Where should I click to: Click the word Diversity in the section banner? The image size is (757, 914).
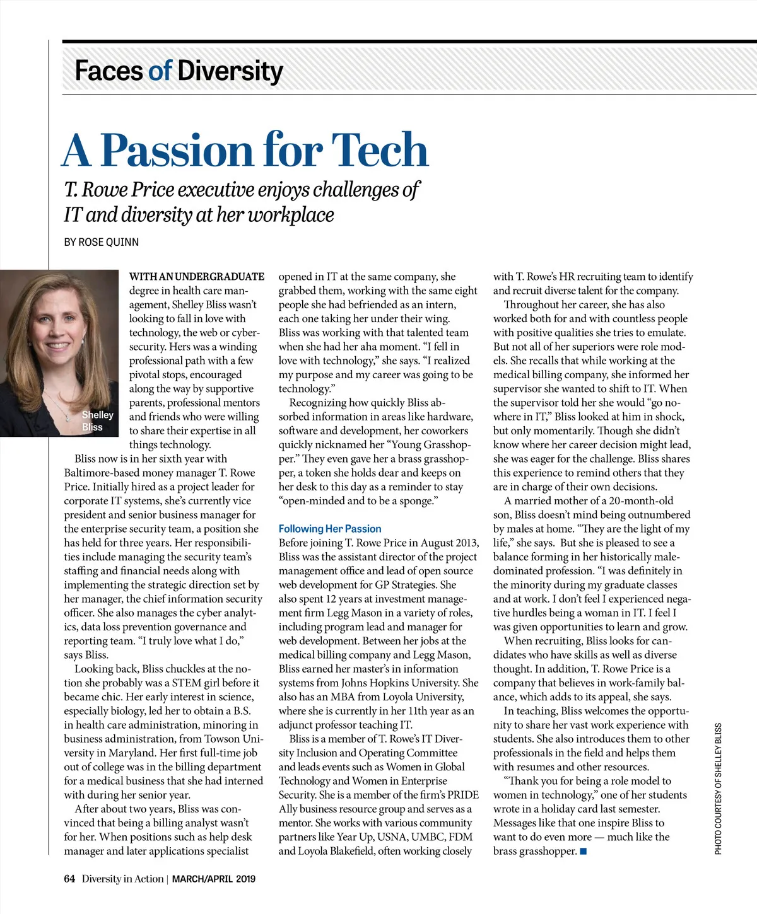coord(230,71)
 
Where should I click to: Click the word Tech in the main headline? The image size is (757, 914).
coord(380,150)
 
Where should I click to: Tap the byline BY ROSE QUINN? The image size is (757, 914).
coord(101,242)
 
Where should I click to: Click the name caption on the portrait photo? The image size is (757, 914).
coord(97,421)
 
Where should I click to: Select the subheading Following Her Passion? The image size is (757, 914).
coord(330,529)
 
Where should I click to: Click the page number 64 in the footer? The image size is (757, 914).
coord(69,879)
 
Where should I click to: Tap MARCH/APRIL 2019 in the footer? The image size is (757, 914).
coord(214,879)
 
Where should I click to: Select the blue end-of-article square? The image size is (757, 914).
coord(584,852)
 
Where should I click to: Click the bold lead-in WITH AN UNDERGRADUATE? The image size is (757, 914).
coord(197,277)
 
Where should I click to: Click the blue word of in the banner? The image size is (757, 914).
coord(160,71)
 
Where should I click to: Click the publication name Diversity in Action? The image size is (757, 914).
coord(122,879)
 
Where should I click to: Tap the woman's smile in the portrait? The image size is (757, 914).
coord(58,345)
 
